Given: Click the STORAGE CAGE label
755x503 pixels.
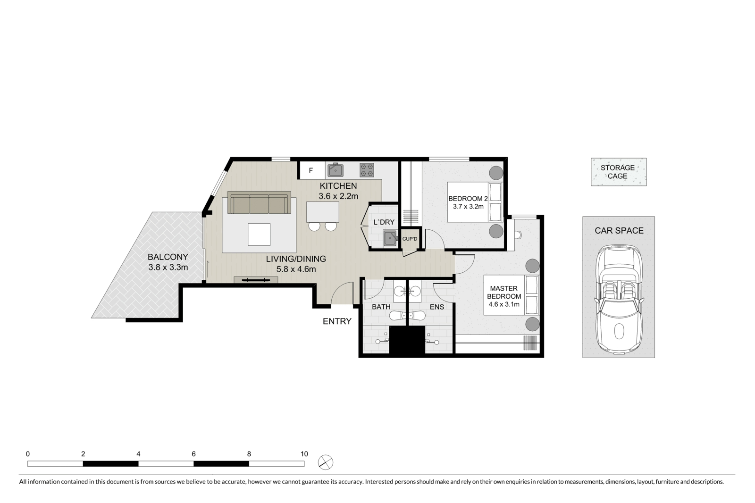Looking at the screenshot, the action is point(618,172).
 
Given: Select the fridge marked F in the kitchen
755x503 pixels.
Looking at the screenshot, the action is point(311,170).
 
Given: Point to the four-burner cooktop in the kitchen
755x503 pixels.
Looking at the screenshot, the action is point(367,170).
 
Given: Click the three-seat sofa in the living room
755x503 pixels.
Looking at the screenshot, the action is point(259,202).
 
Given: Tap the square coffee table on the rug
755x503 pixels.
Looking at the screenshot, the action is point(259,235).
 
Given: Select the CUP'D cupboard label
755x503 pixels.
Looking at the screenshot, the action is point(410,239).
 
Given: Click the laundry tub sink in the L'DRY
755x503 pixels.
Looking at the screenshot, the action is point(390,238).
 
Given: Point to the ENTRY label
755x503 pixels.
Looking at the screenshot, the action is point(337,321).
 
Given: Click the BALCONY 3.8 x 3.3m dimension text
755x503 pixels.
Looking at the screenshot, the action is point(168,268).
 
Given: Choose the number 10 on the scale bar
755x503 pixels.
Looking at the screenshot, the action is point(304,454).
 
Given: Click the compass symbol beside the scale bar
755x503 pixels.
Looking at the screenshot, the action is point(326,462).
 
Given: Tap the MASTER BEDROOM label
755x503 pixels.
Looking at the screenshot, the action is point(504,292).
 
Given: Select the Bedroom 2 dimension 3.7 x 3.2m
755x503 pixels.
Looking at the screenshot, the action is point(468,207).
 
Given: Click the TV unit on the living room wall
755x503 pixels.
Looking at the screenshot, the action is point(256,280).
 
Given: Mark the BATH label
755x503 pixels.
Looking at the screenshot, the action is point(381,307).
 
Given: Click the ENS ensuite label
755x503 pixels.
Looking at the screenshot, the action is point(437,307).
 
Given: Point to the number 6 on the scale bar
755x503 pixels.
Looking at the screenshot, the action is point(193,454).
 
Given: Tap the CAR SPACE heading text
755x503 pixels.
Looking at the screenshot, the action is point(619,231).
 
